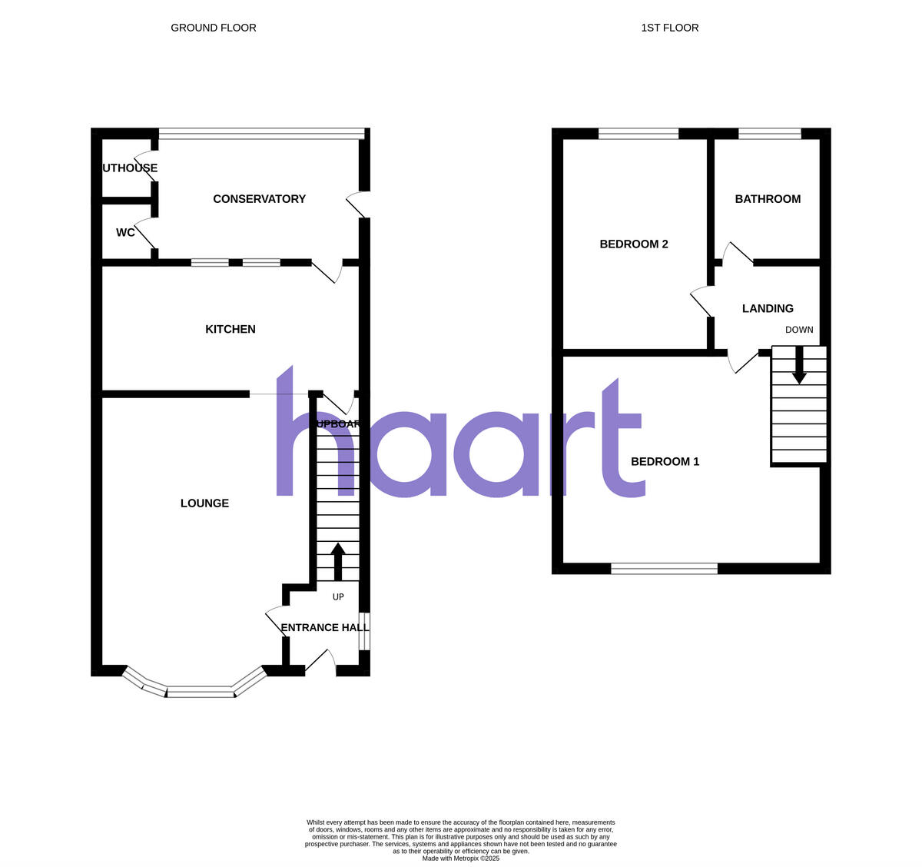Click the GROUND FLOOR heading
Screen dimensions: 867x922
[214, 28]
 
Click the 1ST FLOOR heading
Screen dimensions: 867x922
[670, 28]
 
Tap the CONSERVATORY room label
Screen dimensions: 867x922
[259, 199]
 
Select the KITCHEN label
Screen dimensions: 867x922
[230, 329]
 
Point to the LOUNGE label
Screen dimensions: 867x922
[204, 503]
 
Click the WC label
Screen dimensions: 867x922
[125, 232]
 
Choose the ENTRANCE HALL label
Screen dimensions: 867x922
[324, 627]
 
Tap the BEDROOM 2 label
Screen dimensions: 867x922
[634, 244]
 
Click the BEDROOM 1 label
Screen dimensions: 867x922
[665, 462]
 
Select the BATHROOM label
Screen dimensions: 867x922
[768, 199]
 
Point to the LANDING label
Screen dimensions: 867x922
[768, 309]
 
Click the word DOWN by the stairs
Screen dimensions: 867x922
[799, 330]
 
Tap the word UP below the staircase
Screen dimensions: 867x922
[338, 596]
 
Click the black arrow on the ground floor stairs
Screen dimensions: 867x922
[337, 561]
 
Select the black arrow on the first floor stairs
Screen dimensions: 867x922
[799, 366]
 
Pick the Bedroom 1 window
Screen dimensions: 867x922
[665, 569]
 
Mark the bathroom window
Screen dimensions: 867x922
[770, 134]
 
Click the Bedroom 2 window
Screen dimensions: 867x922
[638, 134]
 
